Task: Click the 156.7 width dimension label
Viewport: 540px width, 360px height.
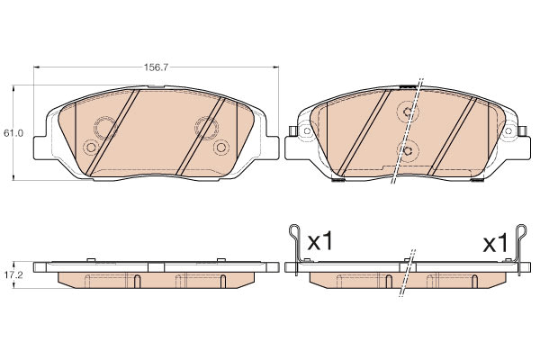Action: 156,67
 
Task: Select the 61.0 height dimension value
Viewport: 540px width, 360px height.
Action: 13,133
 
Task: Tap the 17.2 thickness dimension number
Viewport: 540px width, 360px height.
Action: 13,274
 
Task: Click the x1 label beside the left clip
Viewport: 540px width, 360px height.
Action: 320,241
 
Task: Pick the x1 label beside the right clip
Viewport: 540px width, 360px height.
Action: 495,244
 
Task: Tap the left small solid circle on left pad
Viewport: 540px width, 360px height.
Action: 91,148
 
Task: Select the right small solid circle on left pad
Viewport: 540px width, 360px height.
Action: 221,148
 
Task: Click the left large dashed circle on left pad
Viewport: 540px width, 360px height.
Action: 105,128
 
